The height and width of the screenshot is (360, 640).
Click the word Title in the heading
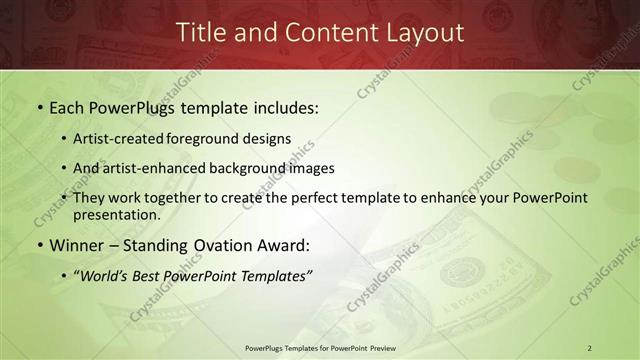tap(199, 32)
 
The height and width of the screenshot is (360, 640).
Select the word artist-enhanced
tap(154, 168)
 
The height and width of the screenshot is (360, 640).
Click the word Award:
tap(284, 245)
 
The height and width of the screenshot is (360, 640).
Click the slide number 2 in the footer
tap(590, 348)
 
